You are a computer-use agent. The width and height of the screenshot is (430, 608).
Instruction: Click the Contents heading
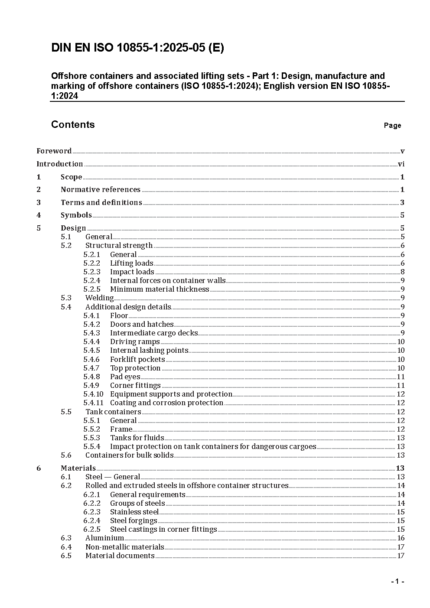click(x=73, y=125)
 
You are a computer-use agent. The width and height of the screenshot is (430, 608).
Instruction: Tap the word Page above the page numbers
click(x=392, y=126)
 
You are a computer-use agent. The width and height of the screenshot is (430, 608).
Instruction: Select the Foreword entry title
click(x=54, y=151)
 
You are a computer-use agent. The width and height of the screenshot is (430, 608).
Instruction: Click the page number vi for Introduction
click(x=401, y=164)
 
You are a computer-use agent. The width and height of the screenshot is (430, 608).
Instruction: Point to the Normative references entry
click(x=101, y=190)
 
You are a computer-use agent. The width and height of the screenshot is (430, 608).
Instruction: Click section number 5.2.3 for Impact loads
click(x=91, y=272)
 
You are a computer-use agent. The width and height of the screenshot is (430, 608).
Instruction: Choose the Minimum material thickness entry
click(x=160, y=289)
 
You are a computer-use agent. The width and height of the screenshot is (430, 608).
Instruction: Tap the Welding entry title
click(x=99, y=298)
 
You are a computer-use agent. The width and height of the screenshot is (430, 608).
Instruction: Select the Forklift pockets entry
click(x=137, y=360)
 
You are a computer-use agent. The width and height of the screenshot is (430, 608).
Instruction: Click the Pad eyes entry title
click(x=125, y=377)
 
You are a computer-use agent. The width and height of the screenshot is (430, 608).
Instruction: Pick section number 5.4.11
click(x=93, y=403)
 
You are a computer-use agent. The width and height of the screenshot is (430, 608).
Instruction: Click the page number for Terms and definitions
click(x=402, y=203)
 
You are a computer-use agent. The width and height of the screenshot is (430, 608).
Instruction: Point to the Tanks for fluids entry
click(x=137, y=438)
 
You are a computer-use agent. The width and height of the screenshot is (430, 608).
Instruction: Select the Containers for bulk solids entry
click(x=129, y=455)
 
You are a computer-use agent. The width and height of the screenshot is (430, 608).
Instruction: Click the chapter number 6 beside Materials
click(x=39, y=468)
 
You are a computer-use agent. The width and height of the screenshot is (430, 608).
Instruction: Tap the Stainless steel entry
click(x=134, y=512)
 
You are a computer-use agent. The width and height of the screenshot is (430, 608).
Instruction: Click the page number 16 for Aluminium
click(x=401, y=538)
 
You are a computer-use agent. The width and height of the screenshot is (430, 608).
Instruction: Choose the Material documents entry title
click(x=120, y=556)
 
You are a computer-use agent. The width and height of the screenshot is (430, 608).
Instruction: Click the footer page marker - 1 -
click(x=397, y=582)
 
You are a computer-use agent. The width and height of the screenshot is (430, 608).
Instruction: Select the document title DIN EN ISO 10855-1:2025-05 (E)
click(x=137, y=48)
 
